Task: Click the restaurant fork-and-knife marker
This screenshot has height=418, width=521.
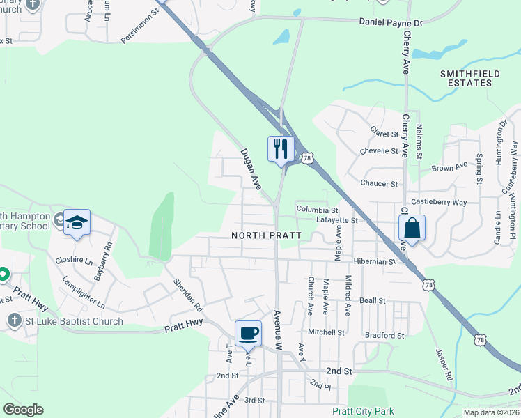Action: [281, 148]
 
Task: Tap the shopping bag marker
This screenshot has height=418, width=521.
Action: [412, 227]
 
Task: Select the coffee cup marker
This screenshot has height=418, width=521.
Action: [248, 333]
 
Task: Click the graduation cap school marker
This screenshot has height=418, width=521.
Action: [77, 222]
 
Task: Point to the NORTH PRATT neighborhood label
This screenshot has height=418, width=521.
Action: [267, 235]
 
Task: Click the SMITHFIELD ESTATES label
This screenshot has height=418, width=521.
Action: [466, 77]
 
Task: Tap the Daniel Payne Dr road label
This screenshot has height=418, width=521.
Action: [391, 23]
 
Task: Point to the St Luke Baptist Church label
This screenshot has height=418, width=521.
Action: [74, 321]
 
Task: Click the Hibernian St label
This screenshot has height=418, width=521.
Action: [373, 261]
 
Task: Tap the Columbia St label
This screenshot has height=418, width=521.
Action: [317, 209]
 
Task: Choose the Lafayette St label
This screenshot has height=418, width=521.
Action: [336, 220]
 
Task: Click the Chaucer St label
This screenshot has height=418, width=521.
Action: [379, 183]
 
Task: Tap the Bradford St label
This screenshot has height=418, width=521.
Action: [384, 335]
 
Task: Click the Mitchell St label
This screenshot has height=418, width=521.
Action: [326, 332]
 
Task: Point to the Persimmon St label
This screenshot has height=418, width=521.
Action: [140, 26]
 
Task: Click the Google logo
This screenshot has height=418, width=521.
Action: [23, 410]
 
